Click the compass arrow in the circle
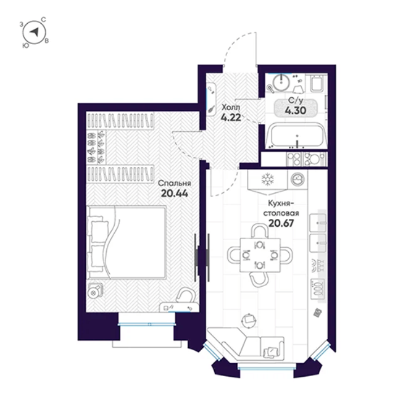coord(34,32)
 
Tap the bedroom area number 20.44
coord(175,193)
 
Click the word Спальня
coord(175,183)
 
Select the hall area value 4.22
coord(231,117)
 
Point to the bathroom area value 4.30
coord(296,110)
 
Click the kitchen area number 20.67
coord(281,223)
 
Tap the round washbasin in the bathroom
coord(281,83)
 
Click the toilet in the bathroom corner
coord(317,83)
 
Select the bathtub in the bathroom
coord(296,135)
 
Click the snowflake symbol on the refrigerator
coord(268,179)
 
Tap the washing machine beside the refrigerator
coord(298,179)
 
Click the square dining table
coord(260,255)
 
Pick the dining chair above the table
coord(260,231)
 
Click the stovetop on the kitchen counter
coord(318,288)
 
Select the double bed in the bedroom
coord(126,243)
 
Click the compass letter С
coord(44,20)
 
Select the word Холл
coord(231,107)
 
